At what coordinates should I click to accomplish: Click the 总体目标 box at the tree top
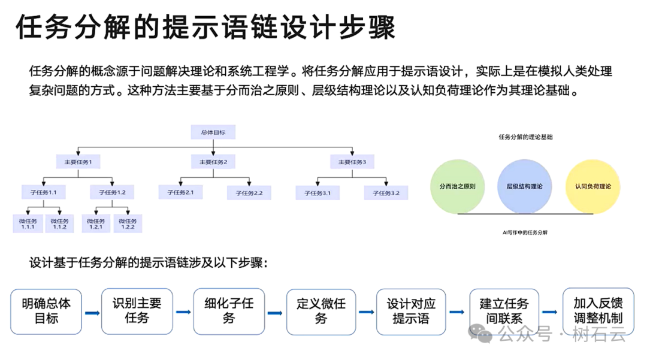[213, 132]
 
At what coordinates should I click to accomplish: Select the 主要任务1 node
[78, 162]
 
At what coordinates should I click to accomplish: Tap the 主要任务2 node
[213, 162]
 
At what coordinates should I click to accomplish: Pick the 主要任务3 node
[352, 162]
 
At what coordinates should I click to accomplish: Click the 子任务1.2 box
[112, 192]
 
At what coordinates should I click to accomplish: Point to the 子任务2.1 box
[180, 192]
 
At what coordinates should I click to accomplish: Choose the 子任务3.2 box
[386, 192]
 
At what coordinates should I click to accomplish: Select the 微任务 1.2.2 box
[128, 224]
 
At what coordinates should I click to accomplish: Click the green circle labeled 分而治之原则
[457, 186]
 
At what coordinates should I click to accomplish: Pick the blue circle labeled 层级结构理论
[524, 186]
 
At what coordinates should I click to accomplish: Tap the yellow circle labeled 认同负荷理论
[592, 186]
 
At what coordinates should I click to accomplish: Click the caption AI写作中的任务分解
[525, 232]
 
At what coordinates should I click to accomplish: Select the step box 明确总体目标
[46, 311]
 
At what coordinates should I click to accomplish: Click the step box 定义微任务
[321, 311]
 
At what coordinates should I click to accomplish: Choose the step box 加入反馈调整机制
[597, 311]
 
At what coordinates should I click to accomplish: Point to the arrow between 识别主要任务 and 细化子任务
[183, 313]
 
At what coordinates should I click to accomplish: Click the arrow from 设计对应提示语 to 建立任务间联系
[456, 312]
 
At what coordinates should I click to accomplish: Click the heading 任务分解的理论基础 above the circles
[525, 137]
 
